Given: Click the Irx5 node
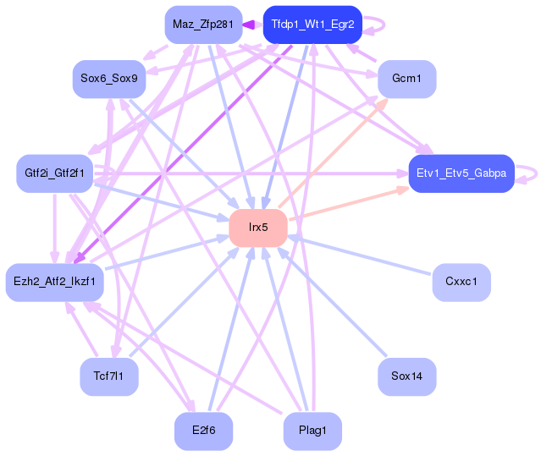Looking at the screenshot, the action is click(x=258, y=228).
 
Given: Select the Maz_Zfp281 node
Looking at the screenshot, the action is click(x=203, y=25).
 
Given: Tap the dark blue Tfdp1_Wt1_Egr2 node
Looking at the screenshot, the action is click(x=312, y=25).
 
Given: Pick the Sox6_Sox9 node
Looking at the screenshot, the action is click(x=109, y=79).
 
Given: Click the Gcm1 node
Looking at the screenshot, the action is click(x=407, y=79).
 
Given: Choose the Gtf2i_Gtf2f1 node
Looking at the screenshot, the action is click(x=54, y=173).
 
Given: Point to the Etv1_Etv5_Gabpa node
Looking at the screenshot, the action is click(x=461, y=173).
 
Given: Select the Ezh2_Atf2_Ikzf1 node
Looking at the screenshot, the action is click(x=54, y=282).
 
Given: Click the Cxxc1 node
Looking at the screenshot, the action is click(x=461, y=282).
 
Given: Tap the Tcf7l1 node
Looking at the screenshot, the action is click(x=109, y=376).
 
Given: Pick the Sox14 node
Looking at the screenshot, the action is click(x=407, y=376).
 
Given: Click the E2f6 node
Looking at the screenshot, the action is click(x=203, y=431).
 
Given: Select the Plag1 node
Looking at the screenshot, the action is click(x=312, y=431).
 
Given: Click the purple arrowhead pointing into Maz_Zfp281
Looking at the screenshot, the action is click(x=248, y=25).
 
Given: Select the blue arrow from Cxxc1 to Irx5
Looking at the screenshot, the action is click(x=359, y=255).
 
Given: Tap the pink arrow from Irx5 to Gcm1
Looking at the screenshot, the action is click(x=333, y=153).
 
